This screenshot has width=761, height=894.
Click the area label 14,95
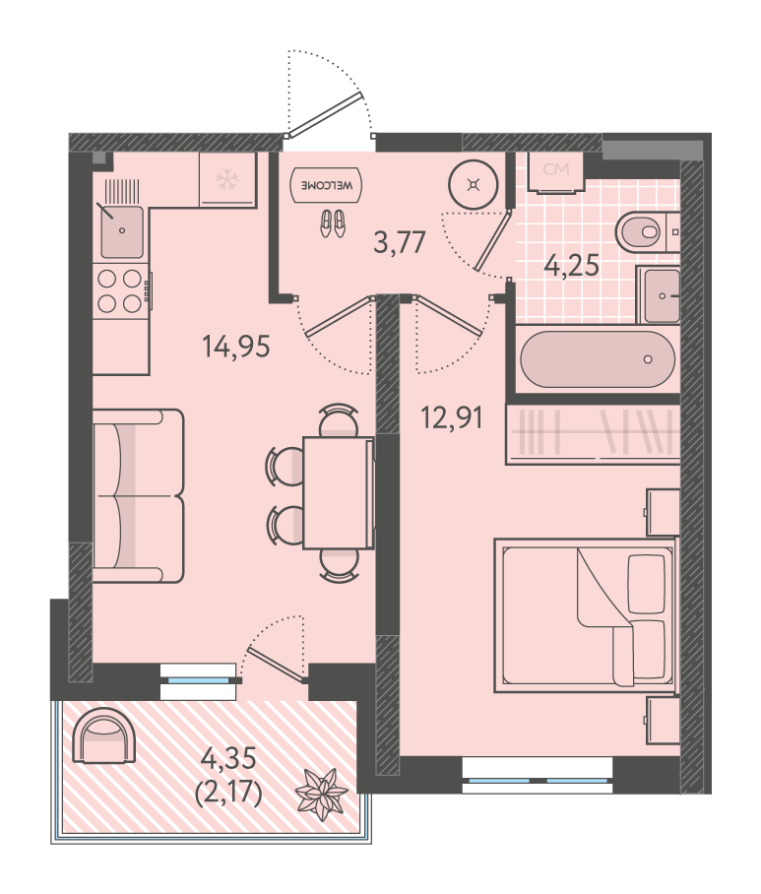pos(236,347)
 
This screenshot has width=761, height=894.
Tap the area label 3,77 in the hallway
pos(400,242)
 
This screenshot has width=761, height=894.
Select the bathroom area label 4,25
pos(572,265)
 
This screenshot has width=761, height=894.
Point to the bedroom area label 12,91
pos(452,417)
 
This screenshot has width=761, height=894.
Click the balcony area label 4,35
pos(229,759)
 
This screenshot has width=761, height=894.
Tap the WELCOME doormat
pos(326,185)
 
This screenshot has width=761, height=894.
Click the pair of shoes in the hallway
pos(333,223)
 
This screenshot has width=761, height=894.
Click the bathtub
pos(598,359)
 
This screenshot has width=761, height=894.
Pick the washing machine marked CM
pos(556,171)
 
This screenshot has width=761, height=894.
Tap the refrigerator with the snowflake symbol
pos(228,179)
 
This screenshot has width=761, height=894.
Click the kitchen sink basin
pos(122,232)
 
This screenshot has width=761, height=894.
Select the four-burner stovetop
pos(120,290)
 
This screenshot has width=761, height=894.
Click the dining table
pos(338,492)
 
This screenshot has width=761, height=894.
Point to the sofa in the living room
pos(138,496)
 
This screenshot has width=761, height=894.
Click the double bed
pos(585,615)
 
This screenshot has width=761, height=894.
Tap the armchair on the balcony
pos(105,736)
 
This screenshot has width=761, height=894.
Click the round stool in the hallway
pos(474,185)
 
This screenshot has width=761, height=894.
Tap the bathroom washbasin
pos(662,296)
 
